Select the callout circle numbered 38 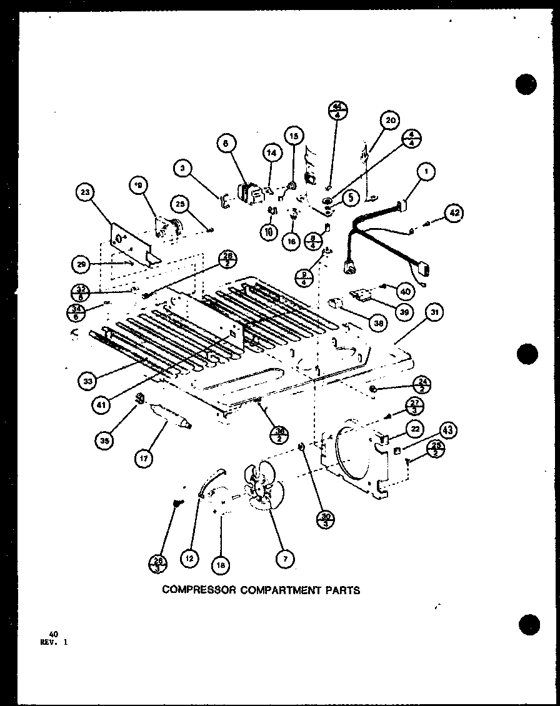[x=377, y=322]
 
